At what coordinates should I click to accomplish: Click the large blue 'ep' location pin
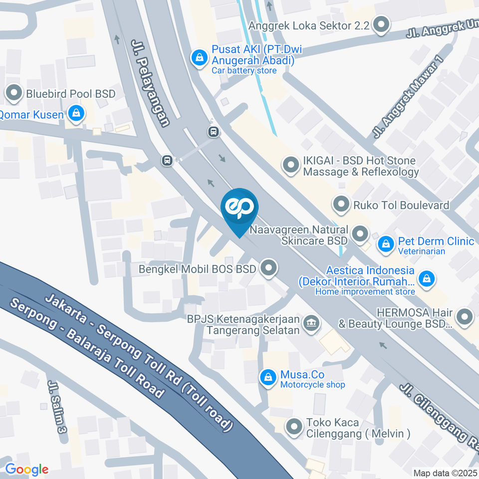click(x=240, y=208)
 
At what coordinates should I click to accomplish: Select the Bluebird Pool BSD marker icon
click(x=13, y=93)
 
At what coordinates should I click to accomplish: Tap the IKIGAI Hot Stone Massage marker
click(x=290, y=165)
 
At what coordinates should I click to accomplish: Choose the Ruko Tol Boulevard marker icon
click(x=341, y=204)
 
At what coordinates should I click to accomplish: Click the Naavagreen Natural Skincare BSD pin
click(x=359, y=234)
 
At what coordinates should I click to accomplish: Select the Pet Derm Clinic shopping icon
click(x=386, y=244)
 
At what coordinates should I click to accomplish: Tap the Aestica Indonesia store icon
click(x=427, y=279)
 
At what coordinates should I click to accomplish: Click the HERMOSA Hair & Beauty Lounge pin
click(x=465, y=317)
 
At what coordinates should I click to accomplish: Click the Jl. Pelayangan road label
click(x=150, y=83)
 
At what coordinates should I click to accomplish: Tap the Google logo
click(x=26, y=469)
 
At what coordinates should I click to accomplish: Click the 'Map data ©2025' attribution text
click(x=445, y=473)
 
